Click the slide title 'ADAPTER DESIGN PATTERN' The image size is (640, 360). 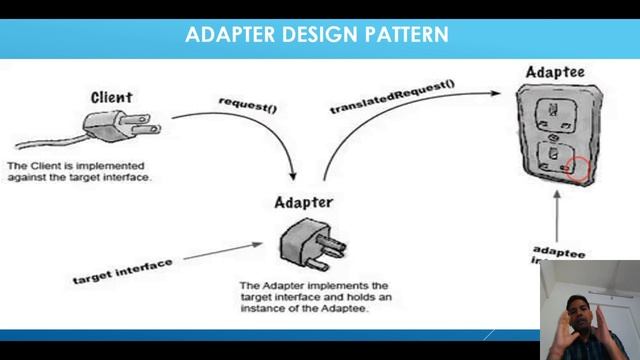click(316, 35)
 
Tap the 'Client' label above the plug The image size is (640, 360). click(111, 98)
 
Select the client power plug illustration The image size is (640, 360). click(125, 128)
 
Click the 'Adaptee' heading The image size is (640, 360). click(555, 72)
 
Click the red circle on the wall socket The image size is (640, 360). click(579, 168)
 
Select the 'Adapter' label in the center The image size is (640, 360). click(303, 203)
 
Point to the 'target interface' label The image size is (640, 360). click(122, 269)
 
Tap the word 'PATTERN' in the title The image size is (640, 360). click(406, 35)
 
